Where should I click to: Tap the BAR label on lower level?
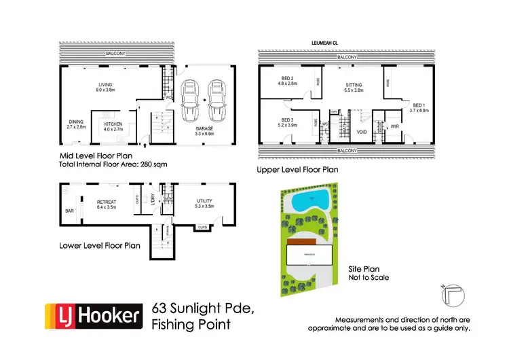coord(69,211)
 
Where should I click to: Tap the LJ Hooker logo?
coord(94,317)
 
